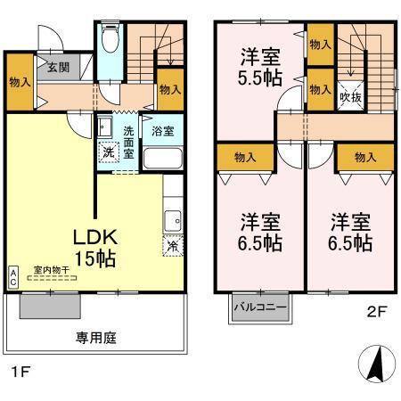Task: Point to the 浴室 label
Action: click(x=161, y=131)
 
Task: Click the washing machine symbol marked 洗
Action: click(x=108, y=152)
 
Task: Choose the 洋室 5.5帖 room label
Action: click(x=260, y=67)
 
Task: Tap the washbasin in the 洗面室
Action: click(x=103, y=126)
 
